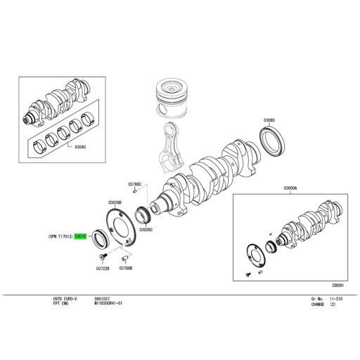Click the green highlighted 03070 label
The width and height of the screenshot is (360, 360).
click(80, 237)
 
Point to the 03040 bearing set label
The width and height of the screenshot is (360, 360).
click(80, 147)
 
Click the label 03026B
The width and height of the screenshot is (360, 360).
click(115, 202)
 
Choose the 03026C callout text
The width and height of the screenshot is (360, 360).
click(146, 229)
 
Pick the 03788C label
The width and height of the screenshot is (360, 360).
click(135, 184)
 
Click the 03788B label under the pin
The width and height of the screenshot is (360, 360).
click(127, 268)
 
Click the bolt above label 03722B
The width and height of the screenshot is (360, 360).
click(102, 257)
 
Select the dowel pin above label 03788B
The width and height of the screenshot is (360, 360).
click(124, 258)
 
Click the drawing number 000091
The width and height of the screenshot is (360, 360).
click(337, 285)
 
